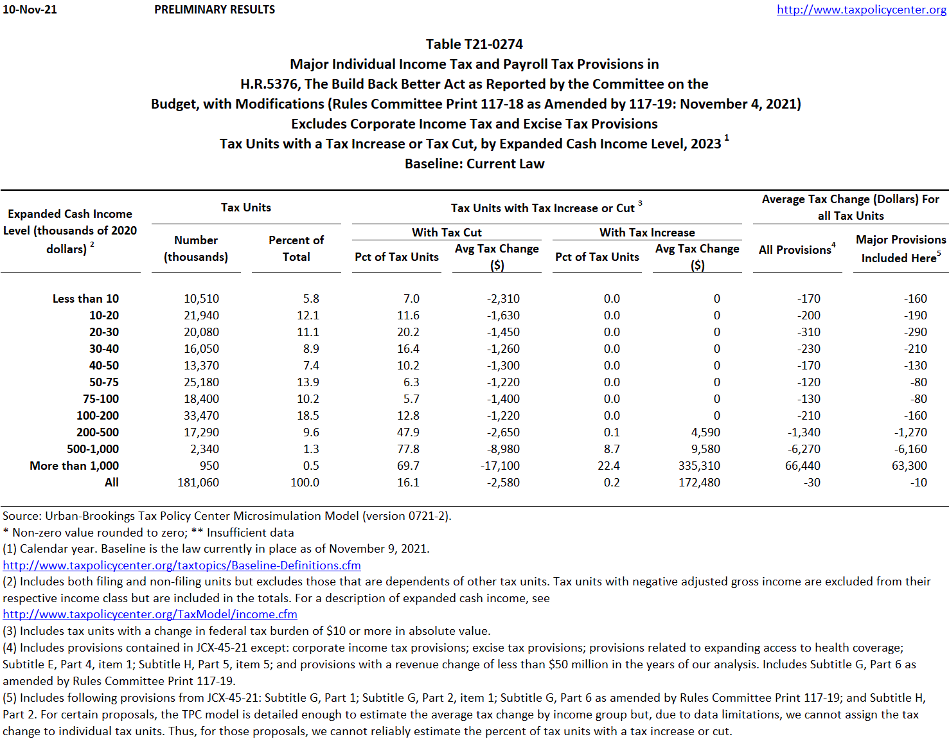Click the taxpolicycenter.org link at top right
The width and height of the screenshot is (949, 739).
click(861, 10)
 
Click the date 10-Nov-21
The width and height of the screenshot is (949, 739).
click(30, 10)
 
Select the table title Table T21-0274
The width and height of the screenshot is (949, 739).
click(474, 44)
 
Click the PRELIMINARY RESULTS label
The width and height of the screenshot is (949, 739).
click(215, 10)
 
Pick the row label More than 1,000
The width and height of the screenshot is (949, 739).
click(74, 466)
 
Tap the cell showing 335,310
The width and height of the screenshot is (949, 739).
click(699, 466)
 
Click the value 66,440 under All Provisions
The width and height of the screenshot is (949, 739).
click(803, 466)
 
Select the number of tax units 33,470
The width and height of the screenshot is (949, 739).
click(201, 416)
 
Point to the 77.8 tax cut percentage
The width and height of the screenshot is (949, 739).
click(408, 449)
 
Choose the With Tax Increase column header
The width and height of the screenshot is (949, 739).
click(647, 233)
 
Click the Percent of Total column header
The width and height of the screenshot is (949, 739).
click(296, 248)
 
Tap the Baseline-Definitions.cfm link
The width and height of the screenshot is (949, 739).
click(182, 565)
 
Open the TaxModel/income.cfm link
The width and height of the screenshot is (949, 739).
click(150, 614)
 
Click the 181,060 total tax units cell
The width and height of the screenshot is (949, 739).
click(198, 483)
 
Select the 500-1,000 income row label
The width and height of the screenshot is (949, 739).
click(93, 449)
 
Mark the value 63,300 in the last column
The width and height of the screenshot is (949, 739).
click(909, 466)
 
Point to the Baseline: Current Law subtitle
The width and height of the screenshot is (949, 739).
click(474, 164)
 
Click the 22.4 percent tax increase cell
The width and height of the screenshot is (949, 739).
click(608, 466)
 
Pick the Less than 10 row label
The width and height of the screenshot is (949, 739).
click(85, 299)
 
